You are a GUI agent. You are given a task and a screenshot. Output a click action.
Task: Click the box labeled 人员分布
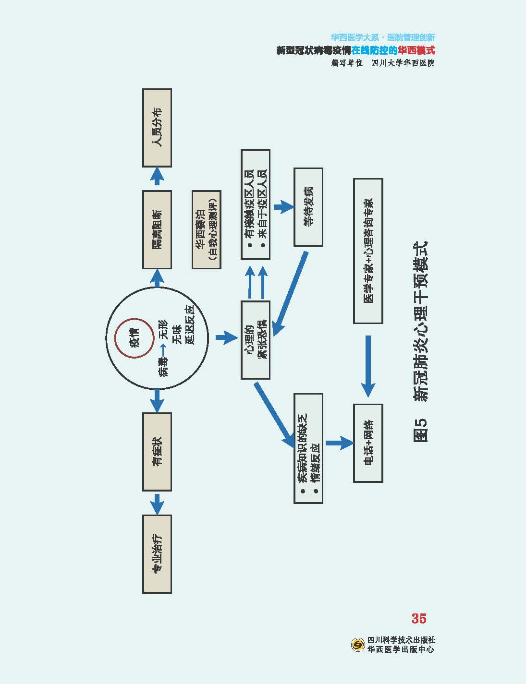(x=157, y=128)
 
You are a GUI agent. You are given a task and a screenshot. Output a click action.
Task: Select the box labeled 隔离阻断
(x=157, y=229)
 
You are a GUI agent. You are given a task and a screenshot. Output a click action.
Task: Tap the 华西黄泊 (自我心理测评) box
(x=207, y=229)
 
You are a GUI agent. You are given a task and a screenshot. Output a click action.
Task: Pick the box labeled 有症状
(x=157, y=451)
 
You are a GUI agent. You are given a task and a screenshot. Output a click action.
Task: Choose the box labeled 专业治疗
(x=157, y=554)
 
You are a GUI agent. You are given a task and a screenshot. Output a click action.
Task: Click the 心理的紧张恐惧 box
(x=255, y=340)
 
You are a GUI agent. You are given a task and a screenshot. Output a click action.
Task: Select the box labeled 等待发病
(x=308, y=207)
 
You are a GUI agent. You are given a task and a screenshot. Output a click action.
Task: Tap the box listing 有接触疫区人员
(x=255, y=204)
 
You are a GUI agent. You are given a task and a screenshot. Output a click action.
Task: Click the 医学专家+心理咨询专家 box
(x=368, y=251)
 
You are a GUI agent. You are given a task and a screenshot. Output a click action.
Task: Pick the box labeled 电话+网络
(x=368, y=443)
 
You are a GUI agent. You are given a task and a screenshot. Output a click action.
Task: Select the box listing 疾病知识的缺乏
(x=308, y=448)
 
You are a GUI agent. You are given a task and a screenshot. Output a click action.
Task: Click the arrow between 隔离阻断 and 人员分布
(x=157, y=177)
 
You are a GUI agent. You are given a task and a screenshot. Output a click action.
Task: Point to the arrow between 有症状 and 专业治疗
(x=157, y=504)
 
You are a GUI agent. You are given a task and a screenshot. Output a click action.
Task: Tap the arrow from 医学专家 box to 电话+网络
(x=368, y=365)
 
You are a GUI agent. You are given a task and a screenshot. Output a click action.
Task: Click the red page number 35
(x=419, y=618)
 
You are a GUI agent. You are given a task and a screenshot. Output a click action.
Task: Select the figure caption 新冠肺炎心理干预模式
(x=420, y=341)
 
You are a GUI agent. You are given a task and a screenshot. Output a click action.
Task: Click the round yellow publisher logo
(x=358, y=645)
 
